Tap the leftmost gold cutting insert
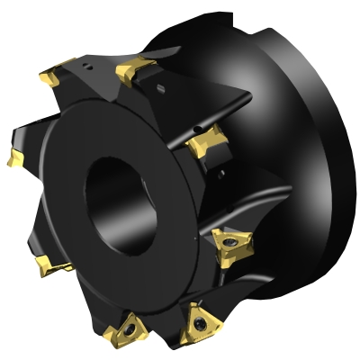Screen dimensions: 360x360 [x=15, y=159]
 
